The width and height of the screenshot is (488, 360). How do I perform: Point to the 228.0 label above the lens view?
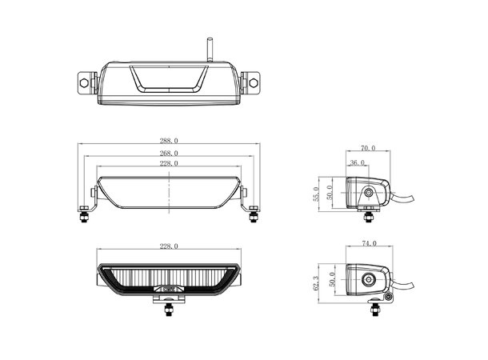tap(169, 246)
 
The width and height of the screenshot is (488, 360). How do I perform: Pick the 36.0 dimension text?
tap(356, 164)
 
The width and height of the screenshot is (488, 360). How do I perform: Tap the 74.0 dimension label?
tap(369, 242)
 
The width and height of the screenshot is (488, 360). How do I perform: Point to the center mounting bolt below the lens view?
tap(169, 308)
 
